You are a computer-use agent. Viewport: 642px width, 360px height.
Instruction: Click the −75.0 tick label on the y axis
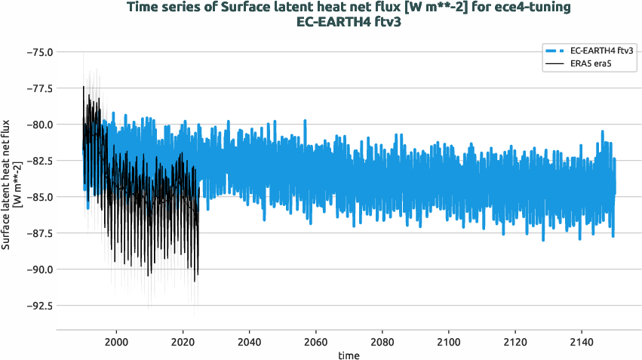38,52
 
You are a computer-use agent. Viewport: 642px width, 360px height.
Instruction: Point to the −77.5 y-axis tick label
38,88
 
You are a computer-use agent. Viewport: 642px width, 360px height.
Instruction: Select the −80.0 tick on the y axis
38,125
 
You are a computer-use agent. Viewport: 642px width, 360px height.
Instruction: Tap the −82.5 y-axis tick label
38,161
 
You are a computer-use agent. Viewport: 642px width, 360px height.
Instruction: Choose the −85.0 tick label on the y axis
38,197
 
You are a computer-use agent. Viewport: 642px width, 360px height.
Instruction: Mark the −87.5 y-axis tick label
38,233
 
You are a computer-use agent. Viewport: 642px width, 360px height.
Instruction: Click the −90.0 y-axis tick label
38,269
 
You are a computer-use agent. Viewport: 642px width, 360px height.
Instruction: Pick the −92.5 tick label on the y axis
38,306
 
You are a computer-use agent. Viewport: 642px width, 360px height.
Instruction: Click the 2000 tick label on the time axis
116,342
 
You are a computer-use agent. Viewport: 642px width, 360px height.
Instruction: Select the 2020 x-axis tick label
183,342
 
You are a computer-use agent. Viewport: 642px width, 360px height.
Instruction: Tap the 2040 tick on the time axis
249,342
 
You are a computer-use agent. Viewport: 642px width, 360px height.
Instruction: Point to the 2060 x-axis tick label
315,342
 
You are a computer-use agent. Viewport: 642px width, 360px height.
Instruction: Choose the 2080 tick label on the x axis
382,342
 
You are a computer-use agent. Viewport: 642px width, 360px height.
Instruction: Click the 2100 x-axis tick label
448,342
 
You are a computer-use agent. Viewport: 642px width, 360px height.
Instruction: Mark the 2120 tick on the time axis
515,342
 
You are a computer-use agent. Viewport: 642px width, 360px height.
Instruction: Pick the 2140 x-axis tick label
581,342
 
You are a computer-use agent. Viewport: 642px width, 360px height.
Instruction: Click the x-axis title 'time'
349,355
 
